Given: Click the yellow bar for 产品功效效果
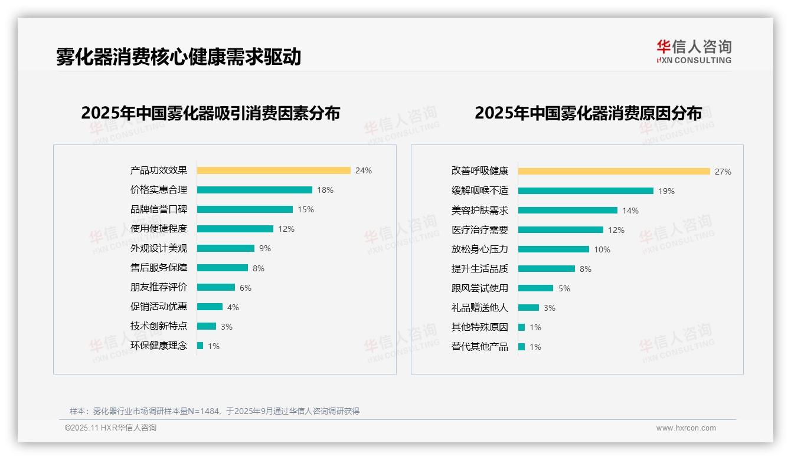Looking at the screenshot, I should tap(273, 170).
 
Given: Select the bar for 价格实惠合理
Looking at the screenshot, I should tap(254, 190).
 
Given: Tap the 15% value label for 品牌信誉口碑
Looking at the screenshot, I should tap(306, 209).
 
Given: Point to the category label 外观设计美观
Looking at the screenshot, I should tap(159, 248).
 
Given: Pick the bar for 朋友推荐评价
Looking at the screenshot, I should tap(216, 287).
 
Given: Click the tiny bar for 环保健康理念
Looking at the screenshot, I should tap(200, 346).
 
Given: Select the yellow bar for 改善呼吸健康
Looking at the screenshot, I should tap(614, 172).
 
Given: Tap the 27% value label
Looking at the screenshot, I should tap(723, 172).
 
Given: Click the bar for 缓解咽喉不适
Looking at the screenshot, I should tap(586, 191).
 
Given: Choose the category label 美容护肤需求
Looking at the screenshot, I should tap(480, 211).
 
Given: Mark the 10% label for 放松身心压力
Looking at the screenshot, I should tap(602, 249).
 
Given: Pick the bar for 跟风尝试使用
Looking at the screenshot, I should tap(535, 288).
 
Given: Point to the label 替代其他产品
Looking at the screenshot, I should tap(480, 347).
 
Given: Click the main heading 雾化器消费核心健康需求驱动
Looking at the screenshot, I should tap(178, 57).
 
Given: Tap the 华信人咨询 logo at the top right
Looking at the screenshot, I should tap(694, 51).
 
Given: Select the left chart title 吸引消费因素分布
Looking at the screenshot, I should tap(211, 113).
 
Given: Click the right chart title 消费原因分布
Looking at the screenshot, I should tap(589, 113).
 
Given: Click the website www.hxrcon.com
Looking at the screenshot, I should tap(686, 428).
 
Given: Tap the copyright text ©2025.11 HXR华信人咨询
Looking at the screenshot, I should tap(110, 428).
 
